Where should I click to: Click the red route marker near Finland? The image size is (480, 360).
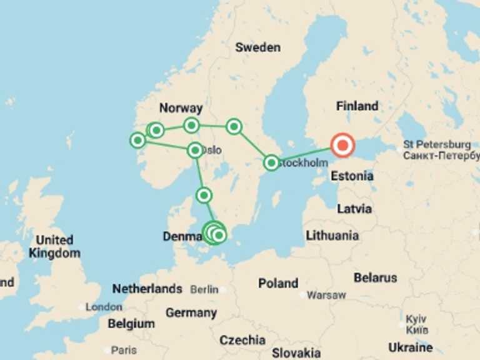(342, 146)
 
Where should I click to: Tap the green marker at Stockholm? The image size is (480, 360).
(271, 162)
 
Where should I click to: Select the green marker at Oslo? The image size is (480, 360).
(195, 149)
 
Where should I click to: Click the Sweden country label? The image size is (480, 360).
(257, 47)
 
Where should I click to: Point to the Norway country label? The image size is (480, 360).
(181, 108)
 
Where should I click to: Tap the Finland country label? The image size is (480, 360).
(357, 106)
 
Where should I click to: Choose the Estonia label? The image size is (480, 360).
(352, 176)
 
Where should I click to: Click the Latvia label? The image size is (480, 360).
(354, 209)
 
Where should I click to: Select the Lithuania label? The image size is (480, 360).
(332, 236)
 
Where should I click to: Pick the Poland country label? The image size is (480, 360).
(278, 283)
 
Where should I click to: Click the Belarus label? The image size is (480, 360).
(375, 277)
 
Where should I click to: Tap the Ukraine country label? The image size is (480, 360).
(410, 347)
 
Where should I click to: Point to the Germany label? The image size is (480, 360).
(191, 312)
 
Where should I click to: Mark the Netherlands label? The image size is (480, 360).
(147, 289)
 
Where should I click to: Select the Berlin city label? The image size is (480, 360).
(204, 289)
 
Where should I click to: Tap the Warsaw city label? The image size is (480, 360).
(326, 294)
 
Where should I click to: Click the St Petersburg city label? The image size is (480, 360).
(437, 144)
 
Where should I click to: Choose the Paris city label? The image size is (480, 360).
(123, 349)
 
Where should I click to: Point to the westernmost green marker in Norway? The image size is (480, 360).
(137, 140)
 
